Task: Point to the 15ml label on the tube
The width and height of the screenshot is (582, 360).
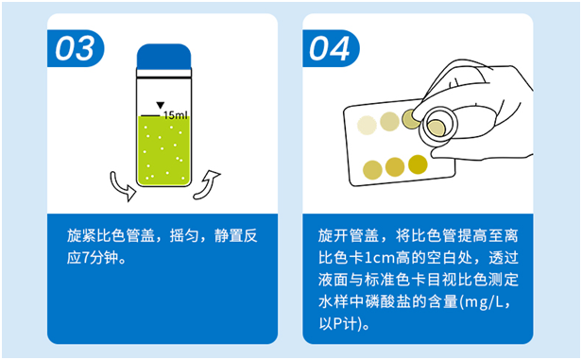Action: [x=176, y=114]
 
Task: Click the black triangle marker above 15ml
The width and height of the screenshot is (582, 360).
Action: [x=161, y=104]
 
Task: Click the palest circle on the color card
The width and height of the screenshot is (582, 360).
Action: [x=367, y=124]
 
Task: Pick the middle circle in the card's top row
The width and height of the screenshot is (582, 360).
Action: [x=388, y=120]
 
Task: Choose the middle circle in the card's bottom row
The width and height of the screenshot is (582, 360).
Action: [x=395, y=167]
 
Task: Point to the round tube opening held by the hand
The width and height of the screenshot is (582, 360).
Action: [x=438, y=124]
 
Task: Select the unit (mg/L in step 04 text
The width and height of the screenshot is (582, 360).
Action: [x=483, y=302]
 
